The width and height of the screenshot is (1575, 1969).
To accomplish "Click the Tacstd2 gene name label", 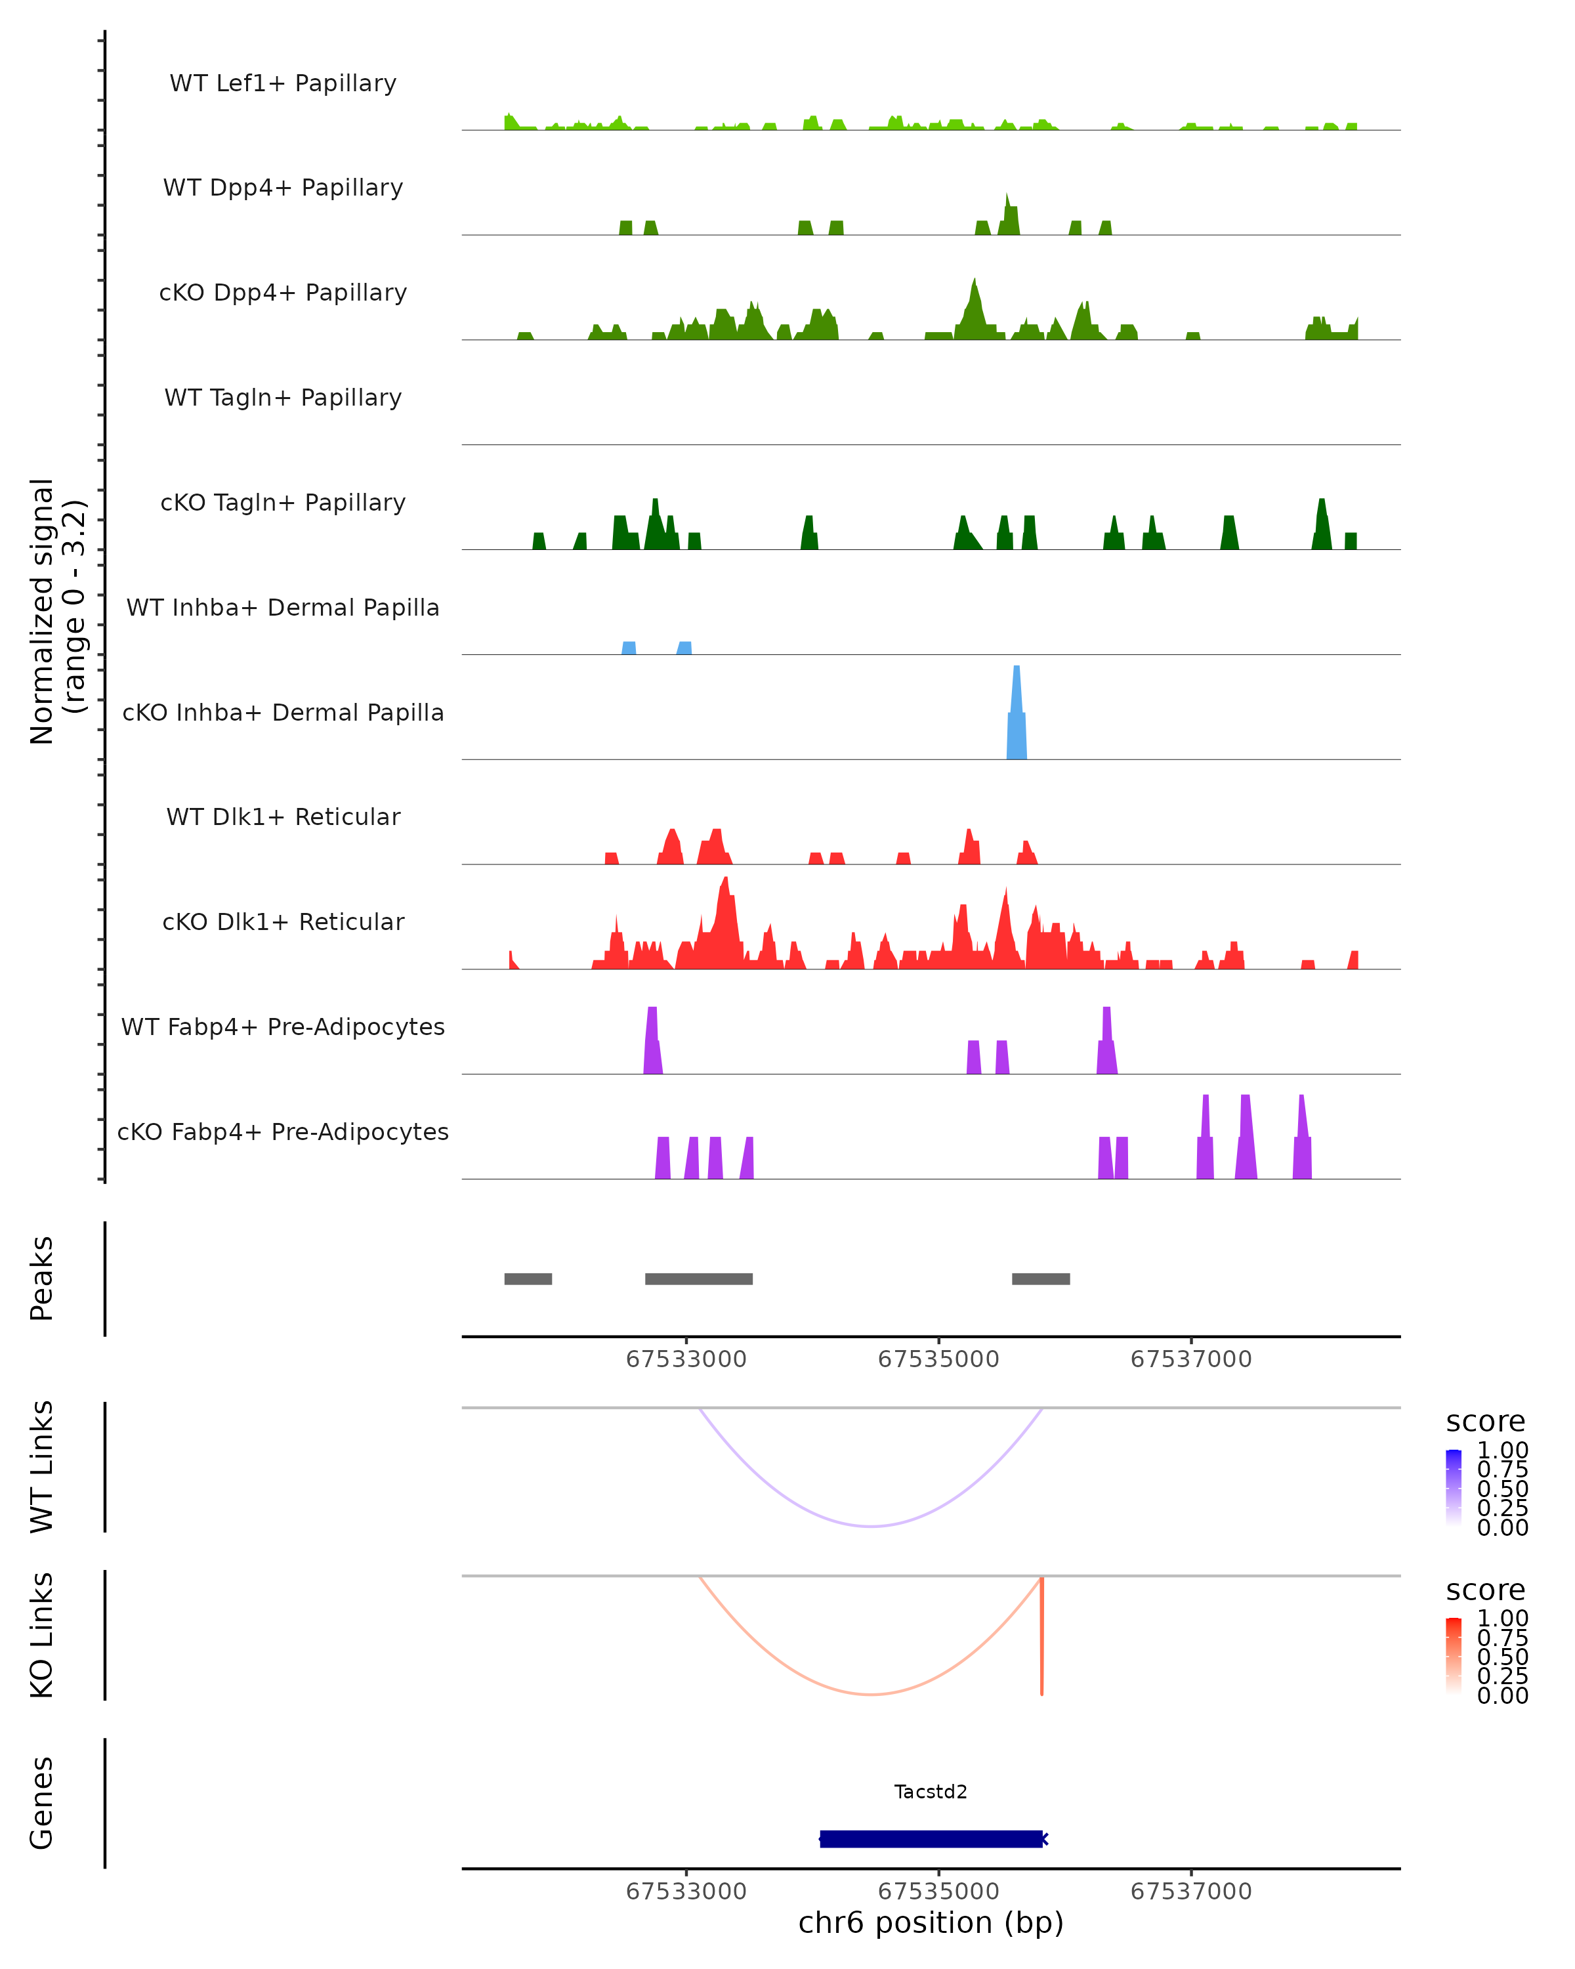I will [x=931, y=1791].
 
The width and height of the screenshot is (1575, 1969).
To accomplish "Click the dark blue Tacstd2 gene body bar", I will [x=931, y=1838].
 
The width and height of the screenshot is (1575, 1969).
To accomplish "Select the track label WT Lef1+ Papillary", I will [x=283, y=83].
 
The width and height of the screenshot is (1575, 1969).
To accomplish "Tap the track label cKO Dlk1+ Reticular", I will [x=283, y=921].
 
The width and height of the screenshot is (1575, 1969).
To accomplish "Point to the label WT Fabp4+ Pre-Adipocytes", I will [x=283, y=1027].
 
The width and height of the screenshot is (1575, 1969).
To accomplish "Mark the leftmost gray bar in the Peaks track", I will [x=528, y=1279].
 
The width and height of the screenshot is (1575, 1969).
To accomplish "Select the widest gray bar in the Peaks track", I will [x=698, y=1279].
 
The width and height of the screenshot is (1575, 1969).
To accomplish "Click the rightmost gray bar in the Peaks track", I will [x=1041, y=1279].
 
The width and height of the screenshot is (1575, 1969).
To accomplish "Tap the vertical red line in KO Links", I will [x=1041, y=1636].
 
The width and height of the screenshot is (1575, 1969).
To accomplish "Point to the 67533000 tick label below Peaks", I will [x=686, y=1360].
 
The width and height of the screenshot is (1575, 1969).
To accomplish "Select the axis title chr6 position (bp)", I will [x=931, y=1923].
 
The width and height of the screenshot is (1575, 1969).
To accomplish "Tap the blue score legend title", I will [x=1486, y=1422].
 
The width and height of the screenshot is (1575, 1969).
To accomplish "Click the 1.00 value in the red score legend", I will [x=1503, y=1619].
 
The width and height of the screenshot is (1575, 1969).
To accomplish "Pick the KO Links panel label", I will [x=42, y=1635].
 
